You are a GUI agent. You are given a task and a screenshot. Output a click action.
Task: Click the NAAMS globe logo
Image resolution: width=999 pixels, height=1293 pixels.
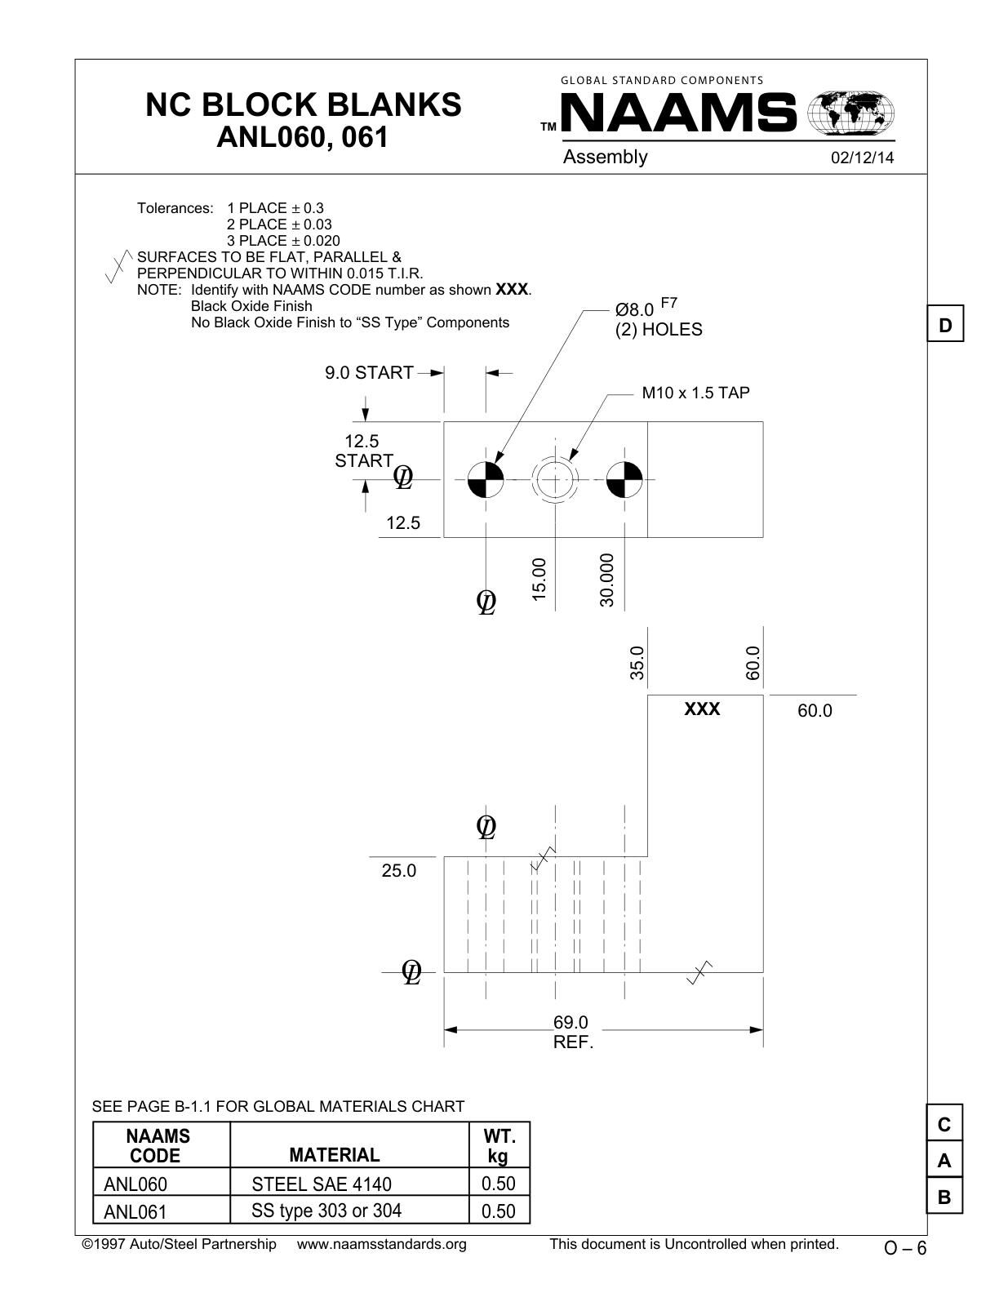[850, 113]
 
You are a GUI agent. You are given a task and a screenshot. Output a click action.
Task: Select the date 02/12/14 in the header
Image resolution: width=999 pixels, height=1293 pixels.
[862, 158]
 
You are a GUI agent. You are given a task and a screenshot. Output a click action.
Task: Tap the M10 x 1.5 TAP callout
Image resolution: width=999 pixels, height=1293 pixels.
[695, 393]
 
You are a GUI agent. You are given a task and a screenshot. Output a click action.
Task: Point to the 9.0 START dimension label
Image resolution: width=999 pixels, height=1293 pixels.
[369, 373]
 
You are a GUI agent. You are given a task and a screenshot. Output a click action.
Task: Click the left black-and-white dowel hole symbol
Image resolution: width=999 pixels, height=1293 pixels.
[486, 480]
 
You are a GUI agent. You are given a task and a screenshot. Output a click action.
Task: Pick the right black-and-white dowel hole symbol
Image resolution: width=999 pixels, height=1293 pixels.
[624, 480]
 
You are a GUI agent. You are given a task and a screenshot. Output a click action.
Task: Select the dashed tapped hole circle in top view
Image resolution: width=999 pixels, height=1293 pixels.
[555, 480]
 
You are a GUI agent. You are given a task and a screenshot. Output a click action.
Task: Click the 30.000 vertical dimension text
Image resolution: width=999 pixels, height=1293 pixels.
[606, 580]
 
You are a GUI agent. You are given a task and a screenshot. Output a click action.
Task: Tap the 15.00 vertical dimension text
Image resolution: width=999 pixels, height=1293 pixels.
[539, 580]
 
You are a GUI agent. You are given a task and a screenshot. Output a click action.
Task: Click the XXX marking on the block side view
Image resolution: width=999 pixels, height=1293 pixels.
[702, 709]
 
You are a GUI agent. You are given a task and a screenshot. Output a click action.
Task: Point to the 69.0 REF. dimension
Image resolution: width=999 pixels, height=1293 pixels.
[571, 1033]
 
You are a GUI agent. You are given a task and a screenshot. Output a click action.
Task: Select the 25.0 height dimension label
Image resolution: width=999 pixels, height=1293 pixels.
[398, 871]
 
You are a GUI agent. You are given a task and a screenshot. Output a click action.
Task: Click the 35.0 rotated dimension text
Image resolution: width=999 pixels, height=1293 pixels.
[637, 662]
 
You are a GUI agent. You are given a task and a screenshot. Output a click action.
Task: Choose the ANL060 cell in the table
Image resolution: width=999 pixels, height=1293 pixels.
[135, 1184]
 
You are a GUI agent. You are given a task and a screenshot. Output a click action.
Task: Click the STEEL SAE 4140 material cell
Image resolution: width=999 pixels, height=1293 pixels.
[322, 1184]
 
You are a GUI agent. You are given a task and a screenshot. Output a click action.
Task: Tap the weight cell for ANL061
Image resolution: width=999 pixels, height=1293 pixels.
[499, 1211]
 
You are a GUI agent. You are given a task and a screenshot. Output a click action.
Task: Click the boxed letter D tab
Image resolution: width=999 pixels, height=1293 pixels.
[945, 326]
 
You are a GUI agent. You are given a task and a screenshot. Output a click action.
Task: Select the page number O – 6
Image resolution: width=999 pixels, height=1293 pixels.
[905, 1248]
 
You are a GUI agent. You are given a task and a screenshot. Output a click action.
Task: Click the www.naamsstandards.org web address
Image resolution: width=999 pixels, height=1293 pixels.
[381, 1244]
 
